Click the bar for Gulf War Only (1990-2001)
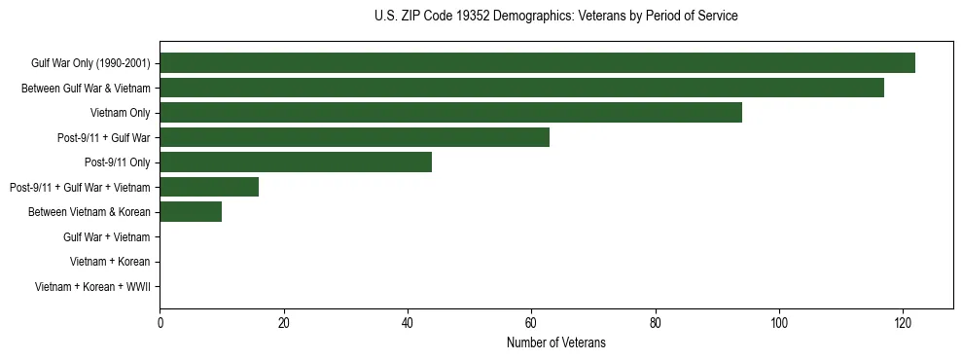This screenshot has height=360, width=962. coord(537,63)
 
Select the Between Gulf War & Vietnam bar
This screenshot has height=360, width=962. coord(525,88)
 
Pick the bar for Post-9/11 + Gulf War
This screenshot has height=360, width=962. coord(354,137)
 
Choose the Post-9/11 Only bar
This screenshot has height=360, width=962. coord(296,162)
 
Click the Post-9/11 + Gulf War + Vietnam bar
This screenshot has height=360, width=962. coord(209,187)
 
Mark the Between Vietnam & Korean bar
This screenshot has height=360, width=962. coord(191,212)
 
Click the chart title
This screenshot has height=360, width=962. coord(555,17)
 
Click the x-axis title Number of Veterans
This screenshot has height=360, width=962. coord(555,342)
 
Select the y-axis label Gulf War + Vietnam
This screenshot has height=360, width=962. coord(106,237)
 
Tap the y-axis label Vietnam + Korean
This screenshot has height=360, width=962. coord(110,262)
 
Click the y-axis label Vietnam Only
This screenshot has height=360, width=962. coord(120,113)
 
